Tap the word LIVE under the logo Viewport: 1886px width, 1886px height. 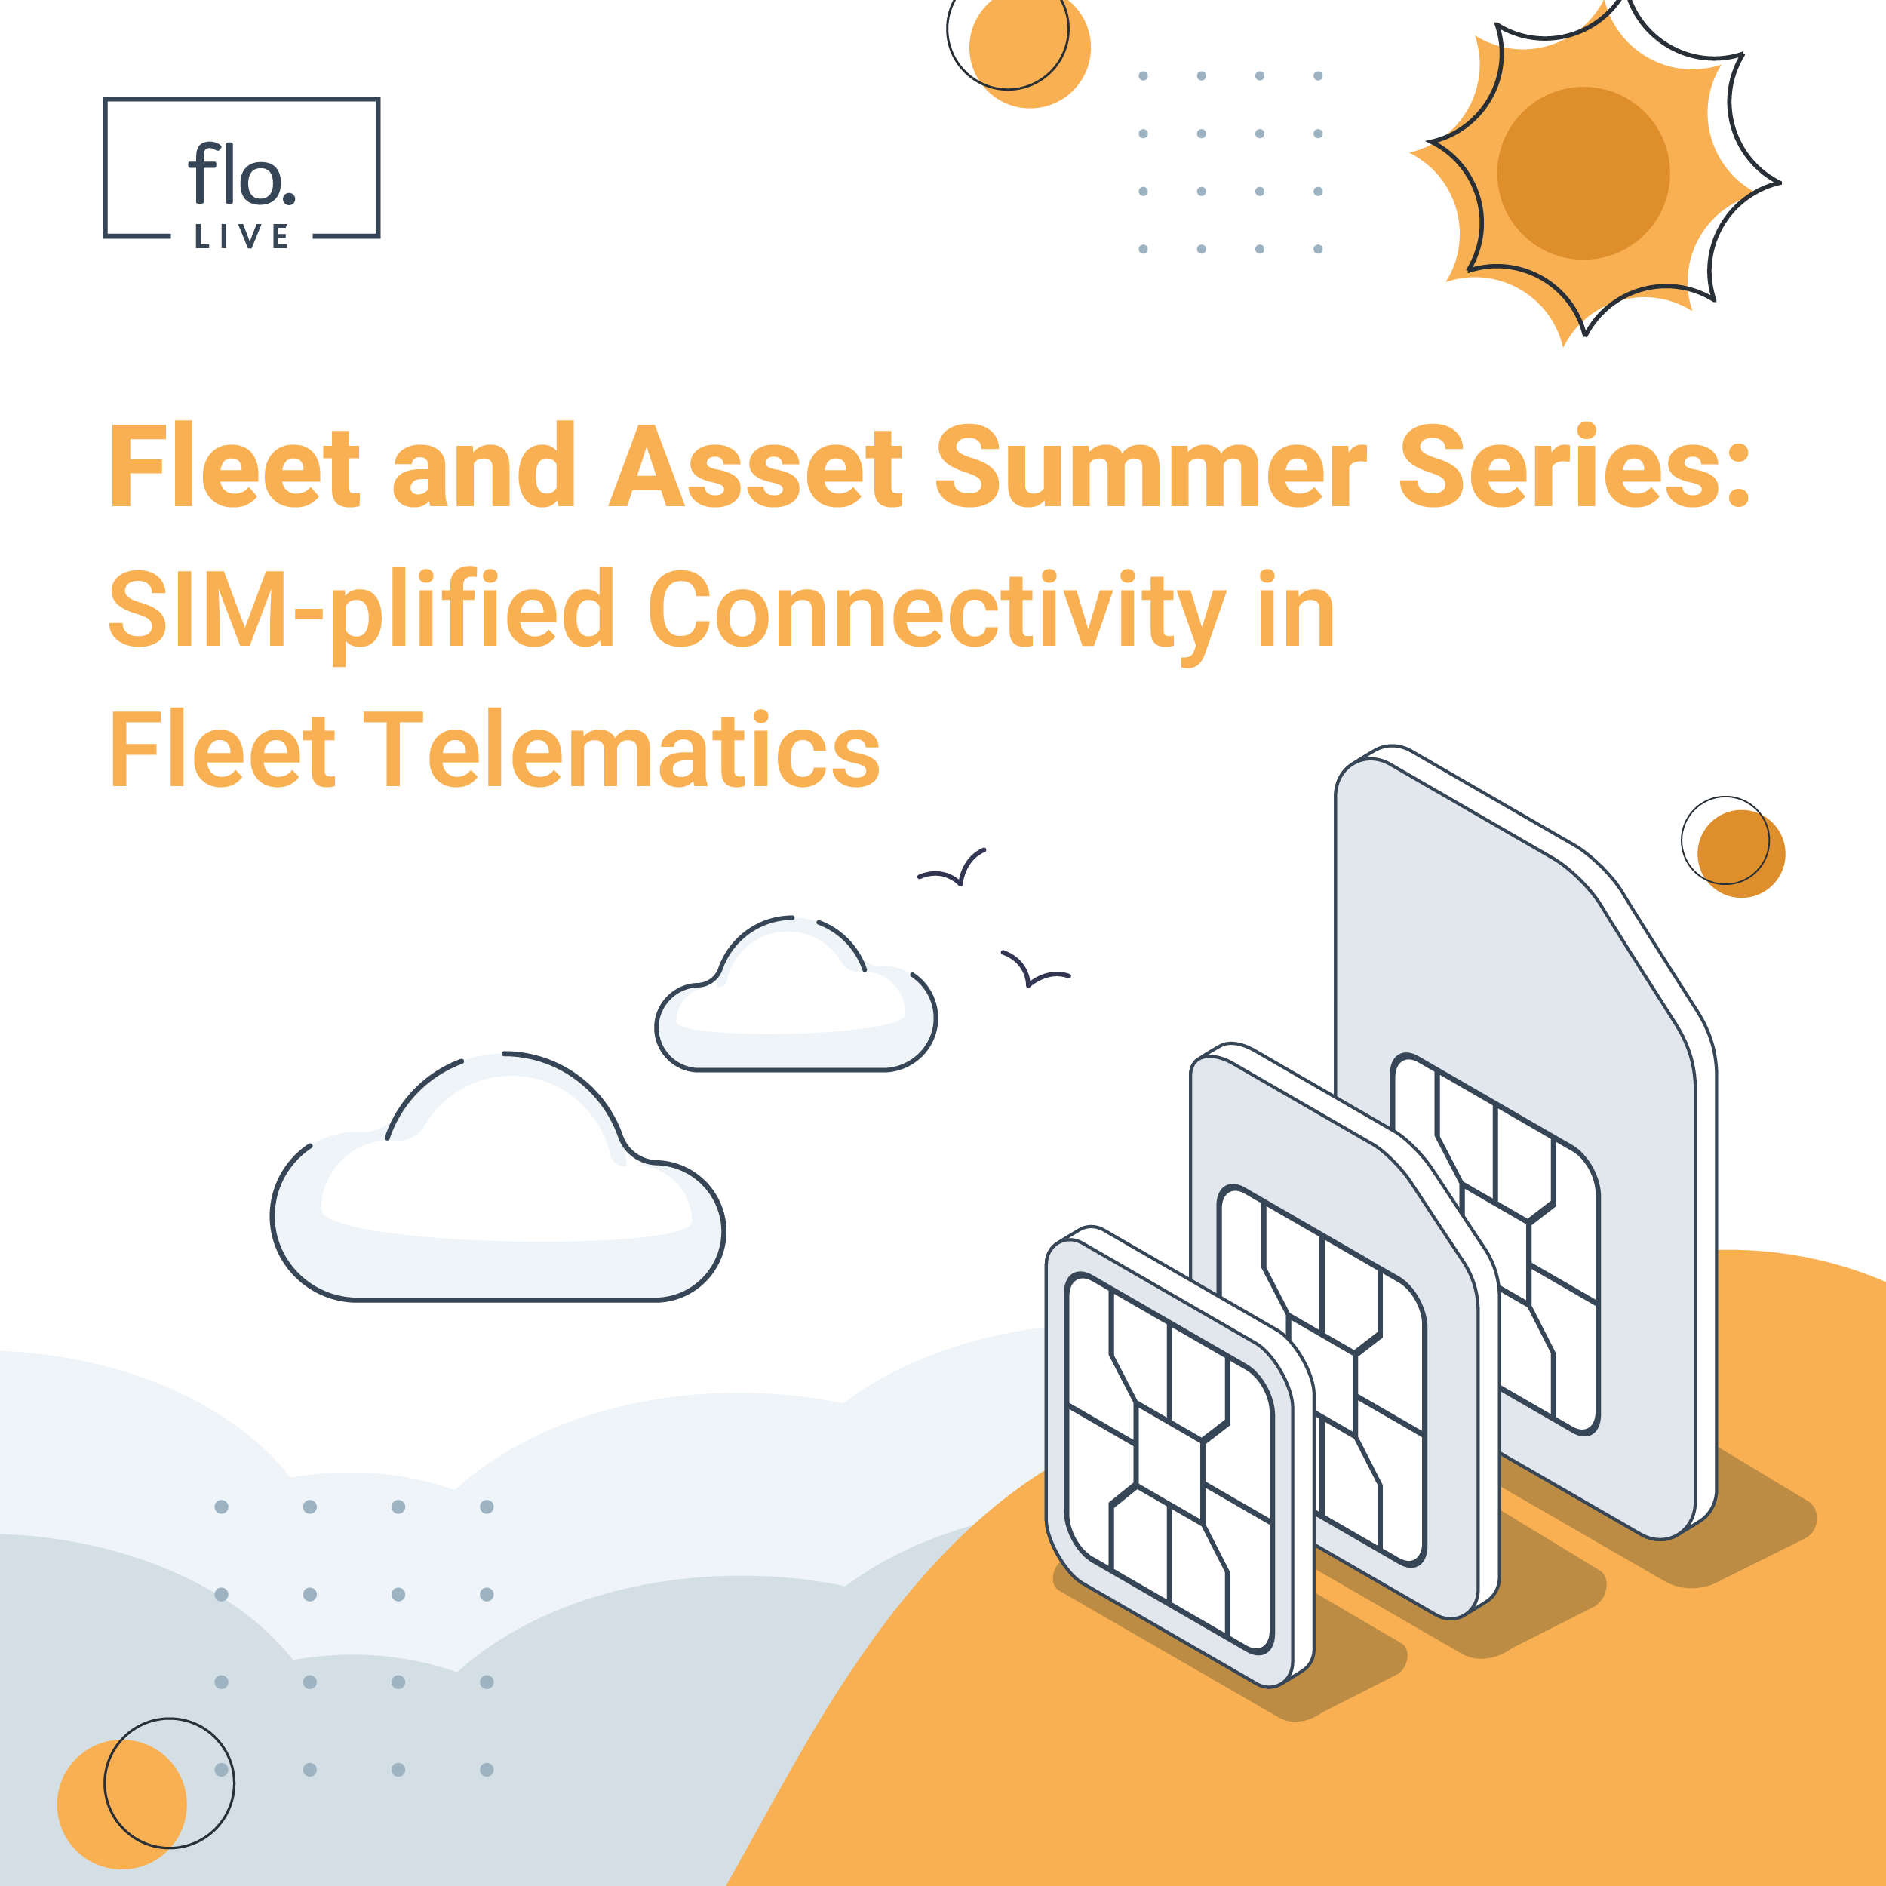241,236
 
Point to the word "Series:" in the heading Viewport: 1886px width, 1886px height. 1574,467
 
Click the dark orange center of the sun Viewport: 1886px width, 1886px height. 1583,174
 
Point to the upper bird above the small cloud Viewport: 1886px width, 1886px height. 952,868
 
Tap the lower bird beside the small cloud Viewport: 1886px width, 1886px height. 1036,969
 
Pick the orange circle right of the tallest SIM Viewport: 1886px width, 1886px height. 1741,853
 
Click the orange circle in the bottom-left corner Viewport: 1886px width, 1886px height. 122,1804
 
